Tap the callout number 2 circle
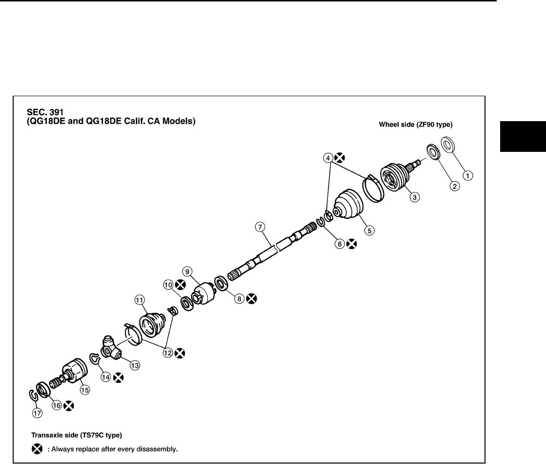[x=454, y=186]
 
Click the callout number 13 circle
[x=133, y=364]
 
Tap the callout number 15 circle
[x=85, y=390]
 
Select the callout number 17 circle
[x=38, y=413]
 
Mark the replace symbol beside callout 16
[x=69, y=405]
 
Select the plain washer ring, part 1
[x=449, y=145]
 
